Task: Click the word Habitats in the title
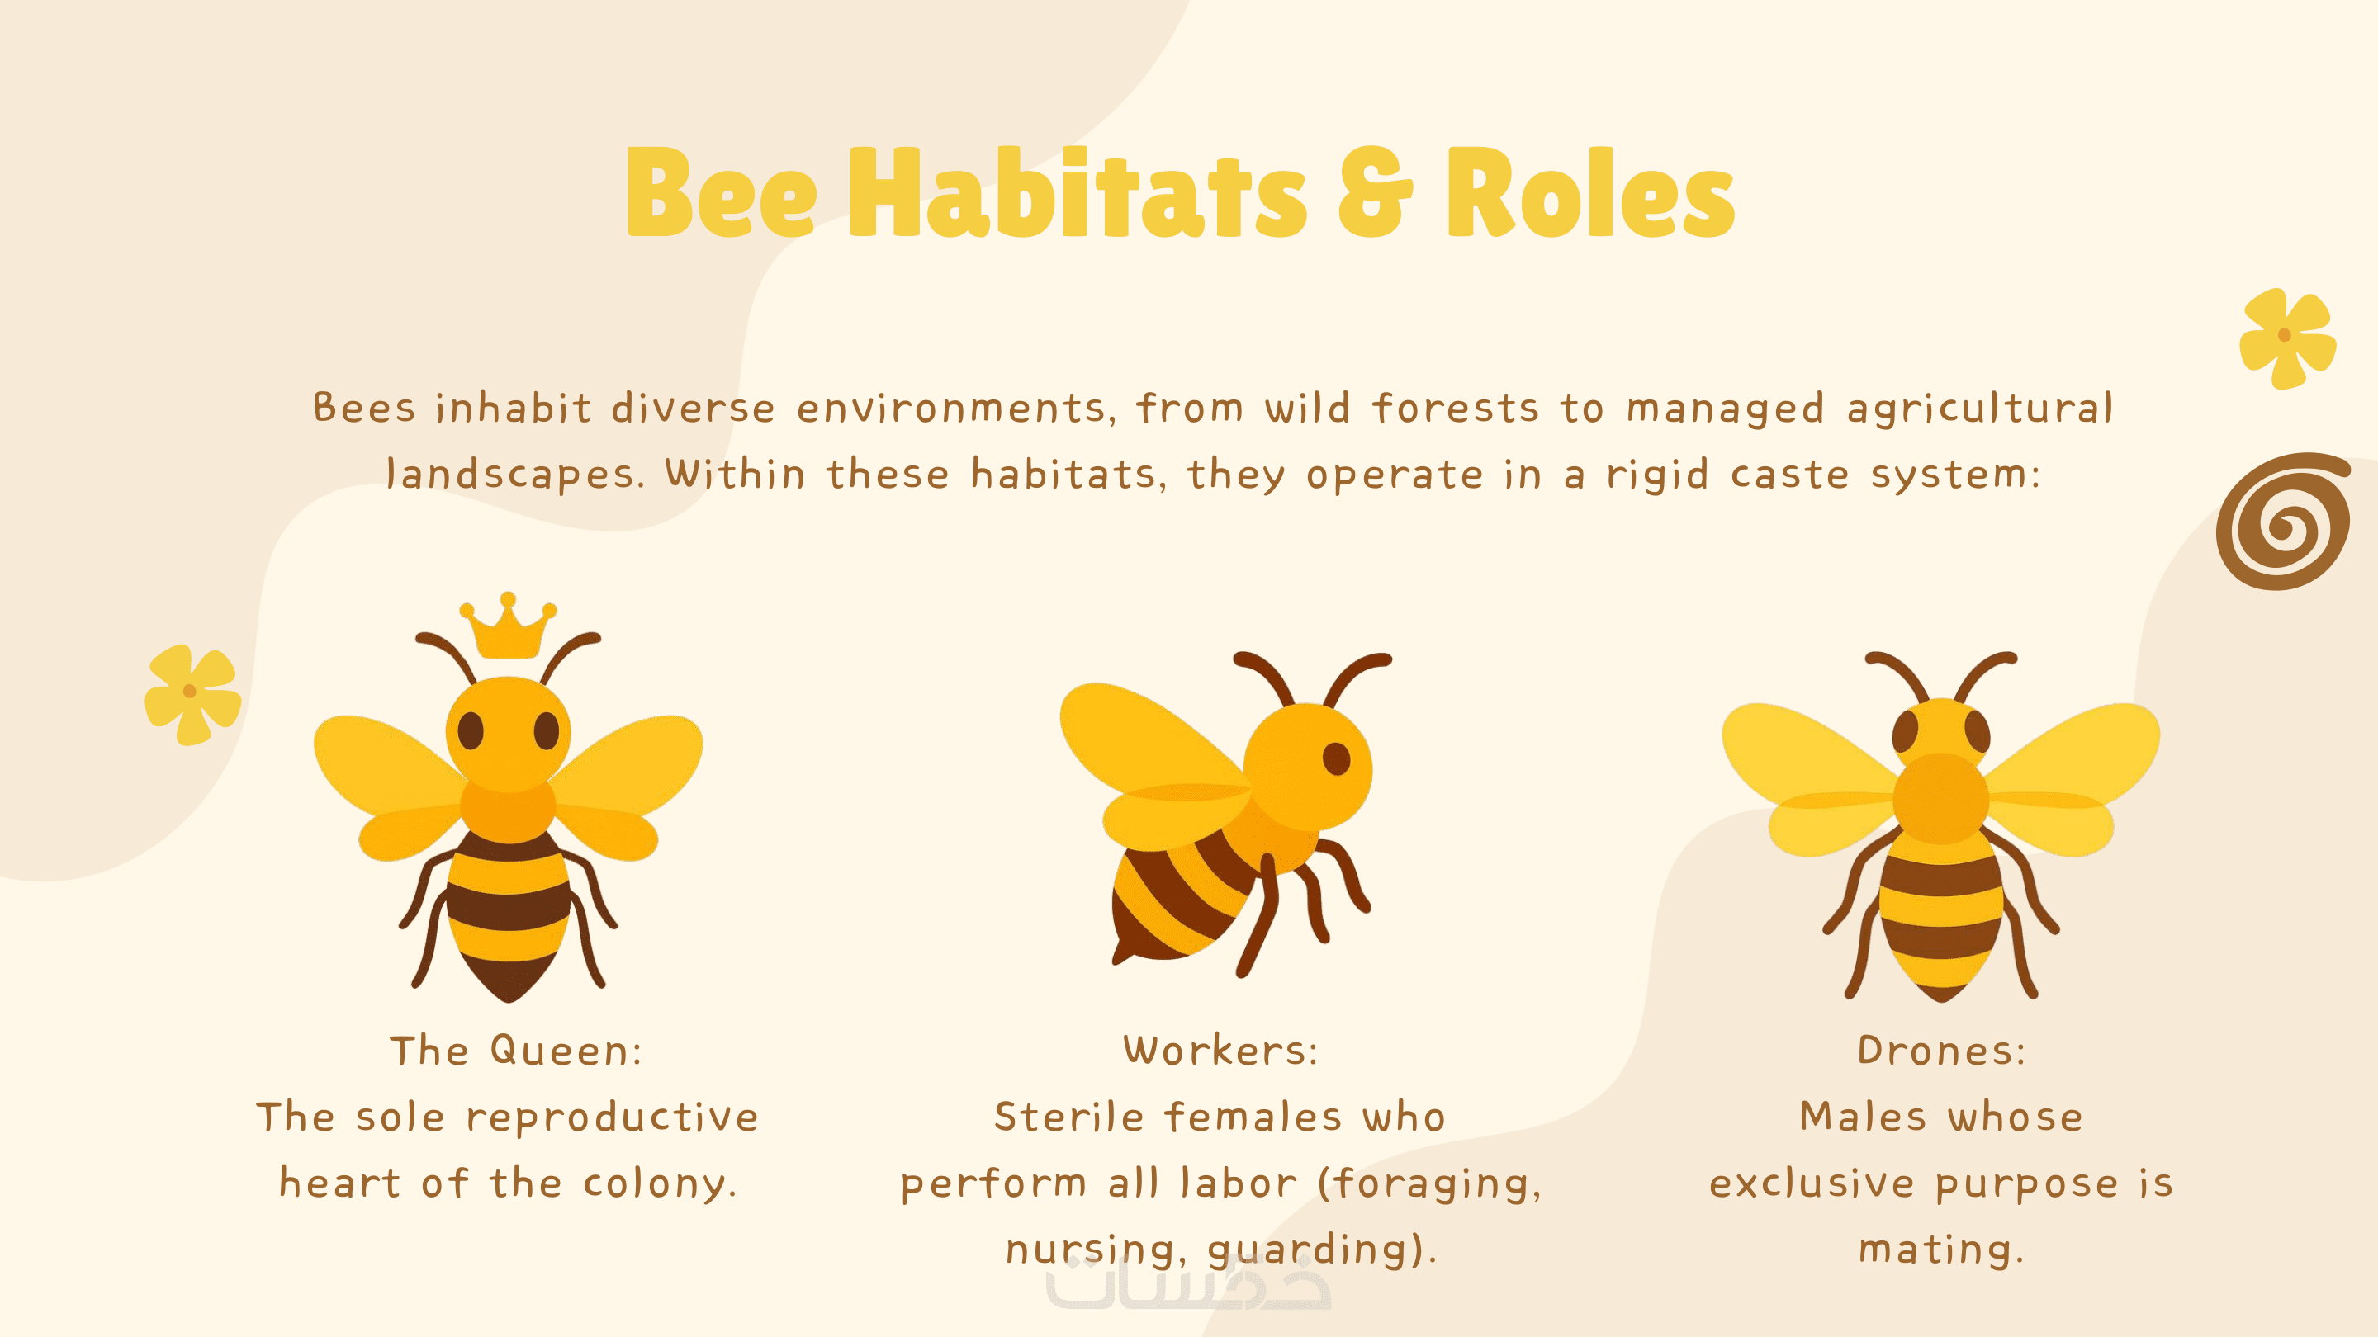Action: (x=1078, y=192)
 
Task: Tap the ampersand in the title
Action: (x=1375, y=192)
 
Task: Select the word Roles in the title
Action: (x=1589, y=192)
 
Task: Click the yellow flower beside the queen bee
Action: (x=193, y=694)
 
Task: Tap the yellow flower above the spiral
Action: (x=2287, y=338)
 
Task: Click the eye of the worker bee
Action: (x=1336, y=758)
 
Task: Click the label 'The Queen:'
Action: (x=515, y=1051)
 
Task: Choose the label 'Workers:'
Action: (x=1220, y=1051)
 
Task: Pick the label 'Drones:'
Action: (x=1941, y=1051)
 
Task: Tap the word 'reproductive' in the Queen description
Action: (x=613, y=1118)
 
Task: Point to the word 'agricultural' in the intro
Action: (x=1980, y=409)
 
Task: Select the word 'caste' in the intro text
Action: (x=1790, y=475)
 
